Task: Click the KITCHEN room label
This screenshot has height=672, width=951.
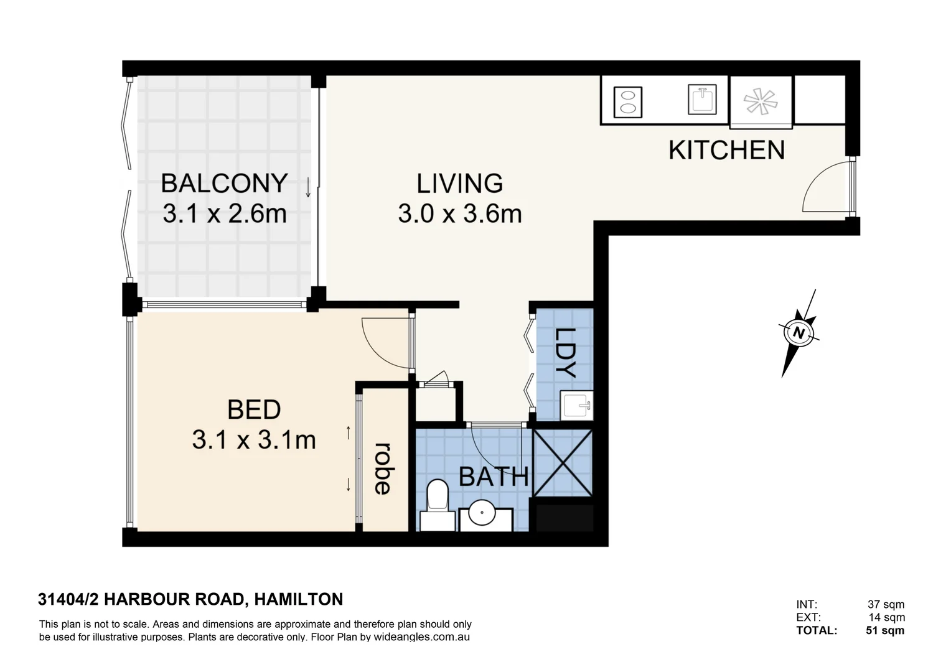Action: coord(726,151)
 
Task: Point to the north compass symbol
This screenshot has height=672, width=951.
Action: coord(799,333)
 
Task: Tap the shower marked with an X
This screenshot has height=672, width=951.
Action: coord(563,462)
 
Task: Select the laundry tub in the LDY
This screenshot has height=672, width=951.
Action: coord(576,406)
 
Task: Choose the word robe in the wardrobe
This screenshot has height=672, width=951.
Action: coord(382,469)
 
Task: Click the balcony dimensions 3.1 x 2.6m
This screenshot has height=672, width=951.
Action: coord(224,214)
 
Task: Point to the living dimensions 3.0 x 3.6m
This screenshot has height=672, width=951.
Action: coord(459,214)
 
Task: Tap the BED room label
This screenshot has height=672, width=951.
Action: coord(254,410)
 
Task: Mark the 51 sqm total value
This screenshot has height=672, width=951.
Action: coord(884,630)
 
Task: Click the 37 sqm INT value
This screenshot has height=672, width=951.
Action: coord(886,604)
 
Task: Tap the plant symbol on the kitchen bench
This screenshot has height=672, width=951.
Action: coord(761,101)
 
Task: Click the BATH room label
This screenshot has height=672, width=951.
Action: coord(493,477)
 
